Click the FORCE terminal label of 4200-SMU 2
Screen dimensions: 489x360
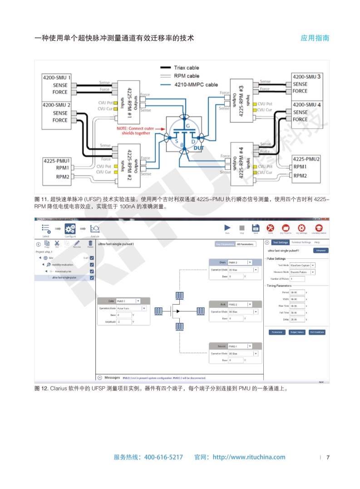pyautogui.click(x=60, y=120)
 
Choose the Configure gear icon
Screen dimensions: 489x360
pyautogui.click(x=70, y=228)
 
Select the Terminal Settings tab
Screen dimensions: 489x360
pyautogui.click(x=301, y=242)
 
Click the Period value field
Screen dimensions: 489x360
pyautogui.click(x=297, y=292)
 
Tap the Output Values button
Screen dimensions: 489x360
pyautogui.click(x=297, y=332)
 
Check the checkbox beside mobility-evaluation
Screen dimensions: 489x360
pyautogui.click(x=92, y=264)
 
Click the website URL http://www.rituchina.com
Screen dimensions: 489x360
pyautogui.click(x=249, y=457)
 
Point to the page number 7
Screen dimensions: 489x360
pyautogui.click(x=328, y=457)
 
